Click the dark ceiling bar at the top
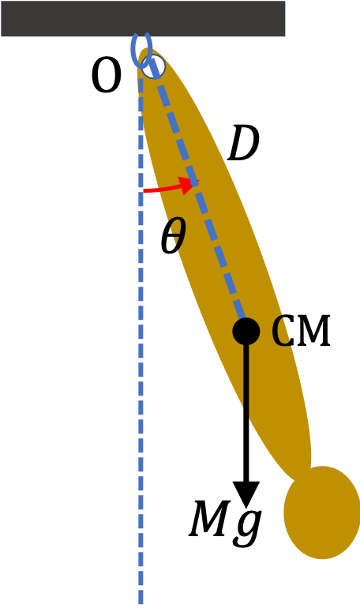pyautogui.click(x=143, y=19)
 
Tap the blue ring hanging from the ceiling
pyautogui.click(x=132, y=51)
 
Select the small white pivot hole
pyautogui.click(x=153, y=66)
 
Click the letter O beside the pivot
pyautogui.click(x=106, y=77)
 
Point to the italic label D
pyautogui.click(x=243, y=144)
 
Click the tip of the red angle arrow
pyautogui.click(x=198, y=180)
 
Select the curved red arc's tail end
pyautogui.click(x=144, y=190)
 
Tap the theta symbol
pyautogui.click(x=173, y=235)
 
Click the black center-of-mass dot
pyautogui.click(x=246, y=332)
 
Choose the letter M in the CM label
pyautogui.click(x=315, y=331)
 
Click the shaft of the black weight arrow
pyautogui.click(x=246, y=413)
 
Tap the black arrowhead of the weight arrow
pyautogui.click(x=246, y=494)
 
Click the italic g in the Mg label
pyautogui.click(x=248, y=526)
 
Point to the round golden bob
pyautogui.click(x=322, y=512)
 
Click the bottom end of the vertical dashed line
pyautogui.click(x=141, y=604)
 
